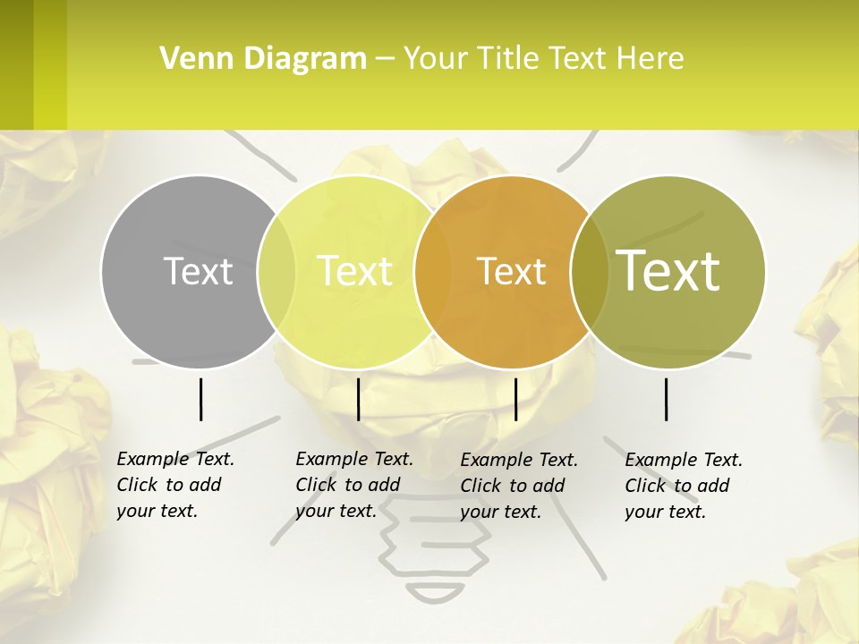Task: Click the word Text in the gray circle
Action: [198, 271]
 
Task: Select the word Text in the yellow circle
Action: [355, 271]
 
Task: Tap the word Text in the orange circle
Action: [512, 271]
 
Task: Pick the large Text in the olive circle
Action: [668, 270]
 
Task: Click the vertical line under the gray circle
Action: [200, 399]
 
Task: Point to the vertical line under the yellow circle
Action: [358, 399]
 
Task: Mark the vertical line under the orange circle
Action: [515, 399]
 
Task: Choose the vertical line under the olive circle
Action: [667, 399]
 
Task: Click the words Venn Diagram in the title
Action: [263, 59]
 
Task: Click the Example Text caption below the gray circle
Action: [175, 459]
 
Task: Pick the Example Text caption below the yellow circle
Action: [354, 459]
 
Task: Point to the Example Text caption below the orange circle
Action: [519, 460]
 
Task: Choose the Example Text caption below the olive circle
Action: [684, 460]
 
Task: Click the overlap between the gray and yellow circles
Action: [276, 271]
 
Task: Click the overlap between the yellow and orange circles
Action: [430, 271]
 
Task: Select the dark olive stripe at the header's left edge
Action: [16, 64]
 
